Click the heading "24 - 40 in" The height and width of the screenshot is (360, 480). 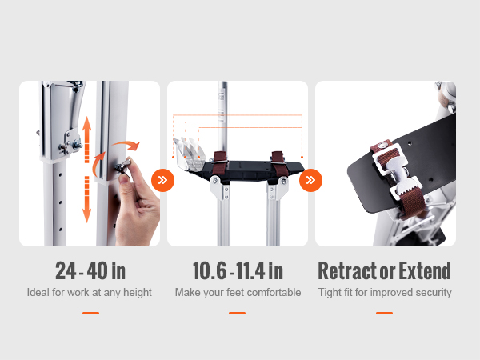[90, 270]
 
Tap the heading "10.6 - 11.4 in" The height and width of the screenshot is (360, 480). [238, 270]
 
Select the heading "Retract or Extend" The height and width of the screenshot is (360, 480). [385, 270]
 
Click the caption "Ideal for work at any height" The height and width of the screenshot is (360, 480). [90, 292]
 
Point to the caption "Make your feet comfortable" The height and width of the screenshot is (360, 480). [238, 292]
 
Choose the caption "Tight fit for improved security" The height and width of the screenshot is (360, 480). [385, 292]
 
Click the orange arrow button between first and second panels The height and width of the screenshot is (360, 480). [163, 180]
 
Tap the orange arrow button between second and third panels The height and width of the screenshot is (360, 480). [310, 180]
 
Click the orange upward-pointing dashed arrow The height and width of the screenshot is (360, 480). [87, 139]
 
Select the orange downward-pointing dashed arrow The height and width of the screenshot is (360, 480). [87, 199]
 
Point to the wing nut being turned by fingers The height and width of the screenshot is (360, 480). [123, 167]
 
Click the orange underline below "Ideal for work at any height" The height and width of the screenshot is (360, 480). [90, 313]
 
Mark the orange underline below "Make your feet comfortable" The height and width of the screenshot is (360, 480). [238, 313]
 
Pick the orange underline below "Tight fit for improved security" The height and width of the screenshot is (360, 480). [385, 313]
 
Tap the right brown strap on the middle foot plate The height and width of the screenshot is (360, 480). [279, 164]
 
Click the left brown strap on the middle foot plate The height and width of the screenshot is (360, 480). [220, 164]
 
